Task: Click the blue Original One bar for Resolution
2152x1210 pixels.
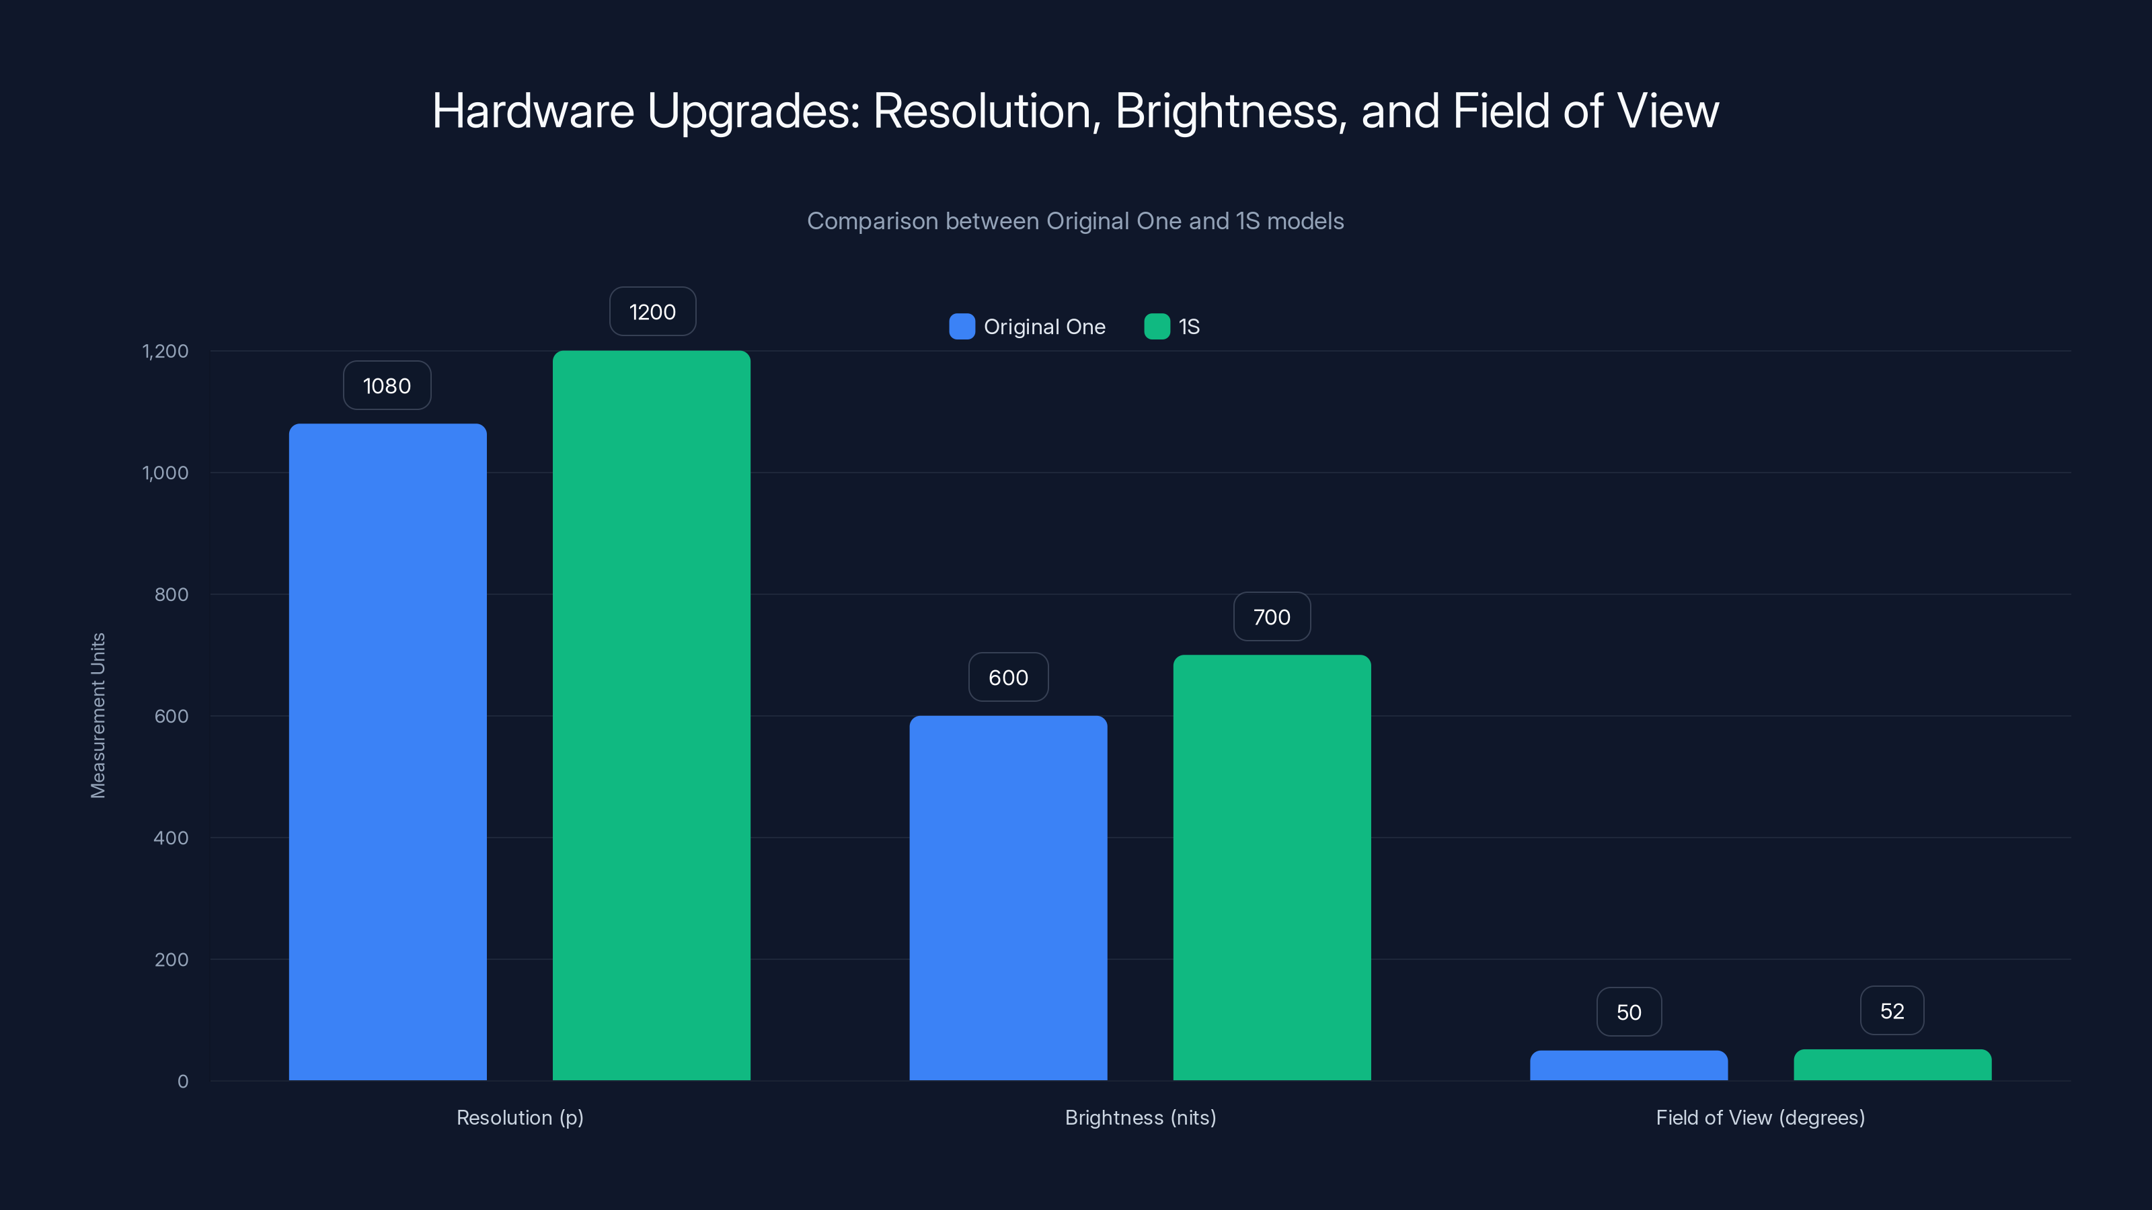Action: tap(387, 752)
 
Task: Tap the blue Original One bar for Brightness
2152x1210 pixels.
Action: tap(1008, 897)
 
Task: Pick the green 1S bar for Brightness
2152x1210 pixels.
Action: tap(1272, 868)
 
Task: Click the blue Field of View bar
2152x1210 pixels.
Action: tap(1628, 1066)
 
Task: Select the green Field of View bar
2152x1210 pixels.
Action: tap(1892, 1065)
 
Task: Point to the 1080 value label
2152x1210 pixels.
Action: tap(387, 386)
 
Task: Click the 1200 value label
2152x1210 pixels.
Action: tap(652, 313)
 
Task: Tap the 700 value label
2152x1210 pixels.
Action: tap(1272, 617)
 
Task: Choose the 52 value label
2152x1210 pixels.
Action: tap(1892, 1011)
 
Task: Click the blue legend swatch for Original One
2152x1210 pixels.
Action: tap(962, 327)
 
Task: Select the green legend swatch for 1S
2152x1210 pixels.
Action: tap(1157, 327)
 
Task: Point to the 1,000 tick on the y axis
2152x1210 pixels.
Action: tap(165, 473)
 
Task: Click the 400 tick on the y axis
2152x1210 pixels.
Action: tap(171, 838)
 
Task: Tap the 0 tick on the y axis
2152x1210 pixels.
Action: tap(183, 1082)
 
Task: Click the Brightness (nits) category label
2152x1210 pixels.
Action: tap(1141, 1117)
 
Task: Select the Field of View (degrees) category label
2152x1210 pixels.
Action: tap(1760, 1117)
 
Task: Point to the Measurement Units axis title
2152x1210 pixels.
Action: tap(98, 716)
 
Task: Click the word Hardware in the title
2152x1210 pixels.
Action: tap(533, 111)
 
